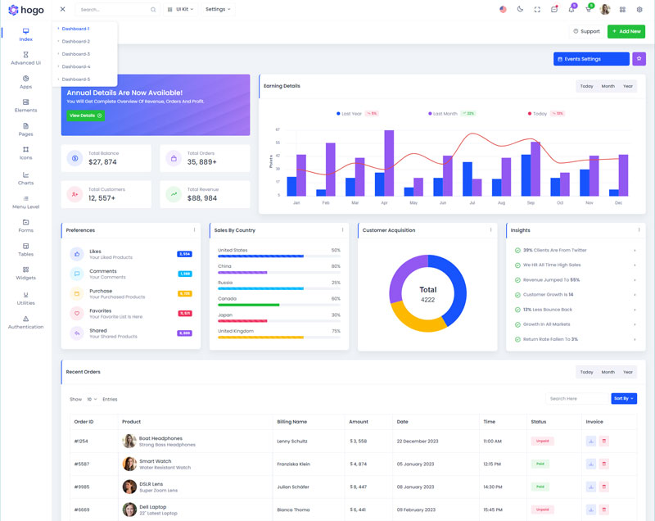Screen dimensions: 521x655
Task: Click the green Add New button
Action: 626,31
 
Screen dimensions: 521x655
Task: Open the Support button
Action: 585,31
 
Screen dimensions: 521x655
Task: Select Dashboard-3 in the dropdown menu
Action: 75,54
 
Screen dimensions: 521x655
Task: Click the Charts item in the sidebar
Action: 25,178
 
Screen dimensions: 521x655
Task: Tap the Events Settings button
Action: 591,59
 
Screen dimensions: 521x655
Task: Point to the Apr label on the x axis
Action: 384,202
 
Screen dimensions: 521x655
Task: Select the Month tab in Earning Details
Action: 608,86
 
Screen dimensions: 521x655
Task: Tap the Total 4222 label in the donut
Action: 427,294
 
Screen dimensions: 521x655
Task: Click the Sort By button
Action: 623,399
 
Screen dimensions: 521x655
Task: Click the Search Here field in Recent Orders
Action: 576,399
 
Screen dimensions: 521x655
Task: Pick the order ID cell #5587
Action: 81,464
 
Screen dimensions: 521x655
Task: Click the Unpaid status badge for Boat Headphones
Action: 541,441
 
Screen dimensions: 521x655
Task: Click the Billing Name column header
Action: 291,422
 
